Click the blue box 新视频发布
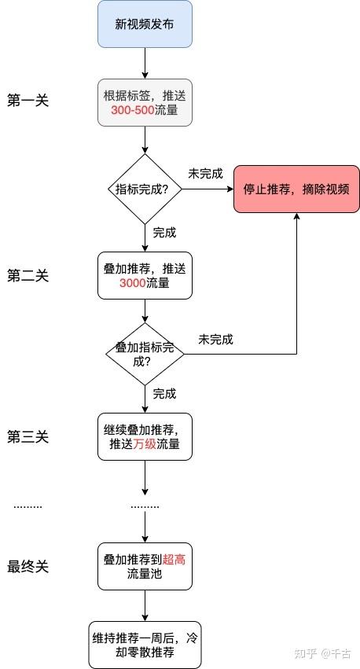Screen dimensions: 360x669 pos(145,24)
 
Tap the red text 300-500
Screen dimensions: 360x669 pos(133,110)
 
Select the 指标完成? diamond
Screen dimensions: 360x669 pos(145,189)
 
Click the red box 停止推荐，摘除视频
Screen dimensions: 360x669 pos(296,189)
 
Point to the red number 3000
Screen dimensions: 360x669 pos(133,283)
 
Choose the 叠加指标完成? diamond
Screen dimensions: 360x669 pos(145,354)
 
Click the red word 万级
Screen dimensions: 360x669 pos(145,444)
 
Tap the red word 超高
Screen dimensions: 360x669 pos(174,560)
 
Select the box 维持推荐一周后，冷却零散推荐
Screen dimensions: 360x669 pos(145,645)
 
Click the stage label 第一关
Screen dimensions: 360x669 pos(28,101)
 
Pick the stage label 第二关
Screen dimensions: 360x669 pos(28,276)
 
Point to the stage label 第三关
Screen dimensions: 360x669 pos(28,437)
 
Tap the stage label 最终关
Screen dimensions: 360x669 pos(28,567)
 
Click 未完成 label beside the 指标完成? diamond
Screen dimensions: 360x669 pos(206,174)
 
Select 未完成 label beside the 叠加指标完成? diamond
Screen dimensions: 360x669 pos(216,340)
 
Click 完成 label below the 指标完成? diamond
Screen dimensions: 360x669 pos(164,233)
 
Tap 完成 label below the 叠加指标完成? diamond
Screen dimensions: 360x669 pos(164,394)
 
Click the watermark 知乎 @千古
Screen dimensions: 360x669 pos(322,653)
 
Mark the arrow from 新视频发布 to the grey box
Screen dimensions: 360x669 pos(145,63)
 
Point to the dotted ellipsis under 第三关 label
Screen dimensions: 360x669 pos(28,507)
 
